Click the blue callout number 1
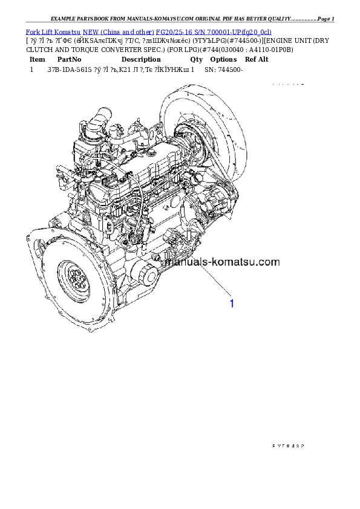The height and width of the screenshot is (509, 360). tap(231, 303)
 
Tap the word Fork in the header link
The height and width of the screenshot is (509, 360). tap(31, 31)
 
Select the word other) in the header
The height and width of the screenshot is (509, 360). tap(143, 31)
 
